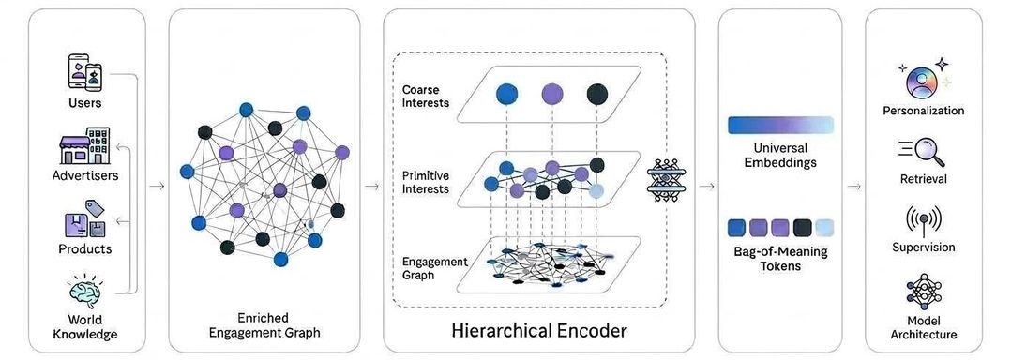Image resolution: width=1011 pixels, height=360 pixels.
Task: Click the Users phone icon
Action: [85, 71]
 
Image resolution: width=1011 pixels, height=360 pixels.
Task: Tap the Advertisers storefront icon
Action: [84, 145]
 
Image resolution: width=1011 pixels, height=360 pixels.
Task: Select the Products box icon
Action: [84, 219]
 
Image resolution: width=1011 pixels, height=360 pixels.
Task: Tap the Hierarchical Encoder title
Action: [539, 330]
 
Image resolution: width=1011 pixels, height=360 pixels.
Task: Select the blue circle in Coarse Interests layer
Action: [506, 95]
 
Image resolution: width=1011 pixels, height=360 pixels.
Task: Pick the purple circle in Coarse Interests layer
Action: [551, 94]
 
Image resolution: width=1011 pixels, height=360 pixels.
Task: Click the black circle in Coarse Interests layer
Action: [597, 94]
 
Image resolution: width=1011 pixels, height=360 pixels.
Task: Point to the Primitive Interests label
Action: [426, 182]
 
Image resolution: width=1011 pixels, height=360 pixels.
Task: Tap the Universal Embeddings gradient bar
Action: [780, 125]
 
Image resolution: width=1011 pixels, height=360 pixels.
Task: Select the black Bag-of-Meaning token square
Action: [802, 228]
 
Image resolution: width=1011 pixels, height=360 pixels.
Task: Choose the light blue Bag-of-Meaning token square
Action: [824, 228]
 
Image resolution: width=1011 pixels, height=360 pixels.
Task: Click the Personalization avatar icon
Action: [922, 82]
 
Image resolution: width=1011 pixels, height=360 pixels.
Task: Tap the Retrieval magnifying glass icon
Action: [923, 153]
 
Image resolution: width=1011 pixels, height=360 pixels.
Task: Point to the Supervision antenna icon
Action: [923, 221]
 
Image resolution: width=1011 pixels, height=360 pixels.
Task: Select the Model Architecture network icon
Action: [923, 291]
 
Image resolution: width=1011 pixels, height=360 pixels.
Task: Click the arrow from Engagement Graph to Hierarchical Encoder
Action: [371, 187]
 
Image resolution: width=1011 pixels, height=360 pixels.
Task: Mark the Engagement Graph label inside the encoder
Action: [426, 268]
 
